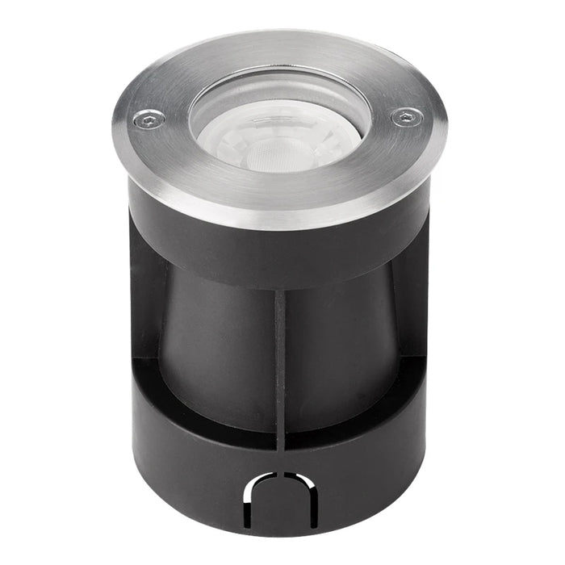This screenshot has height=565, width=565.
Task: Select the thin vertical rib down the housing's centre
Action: (x=280, y=363)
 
